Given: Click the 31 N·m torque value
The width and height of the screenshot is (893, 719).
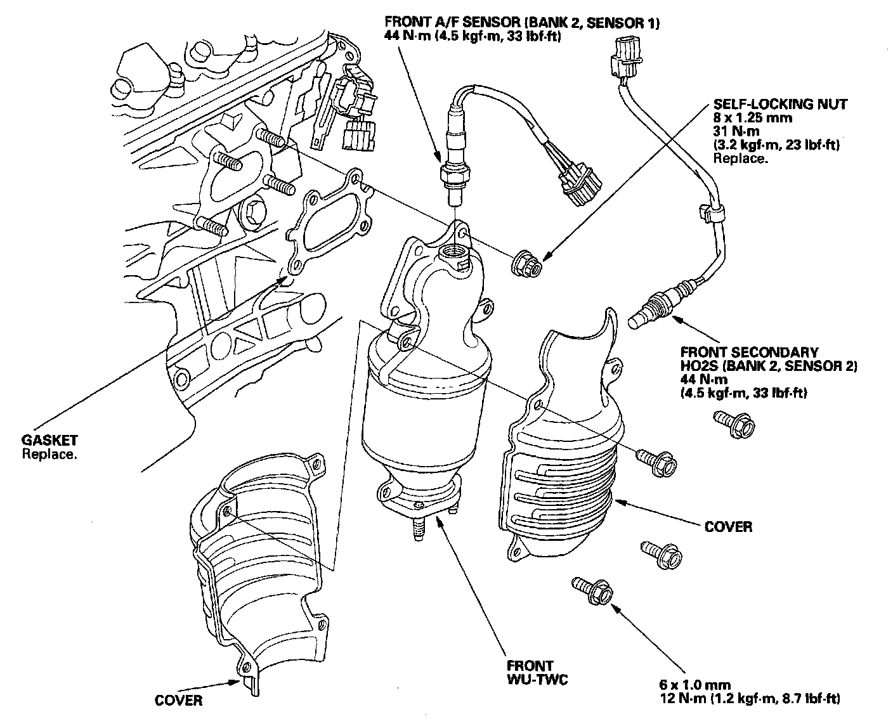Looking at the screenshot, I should pos(736,132).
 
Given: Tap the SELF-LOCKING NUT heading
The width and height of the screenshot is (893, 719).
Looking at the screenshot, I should pos(780,104).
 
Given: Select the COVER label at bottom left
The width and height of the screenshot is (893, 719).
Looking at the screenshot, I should pos(178,700).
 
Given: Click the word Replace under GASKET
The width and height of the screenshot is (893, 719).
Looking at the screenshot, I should pos(49,454).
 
